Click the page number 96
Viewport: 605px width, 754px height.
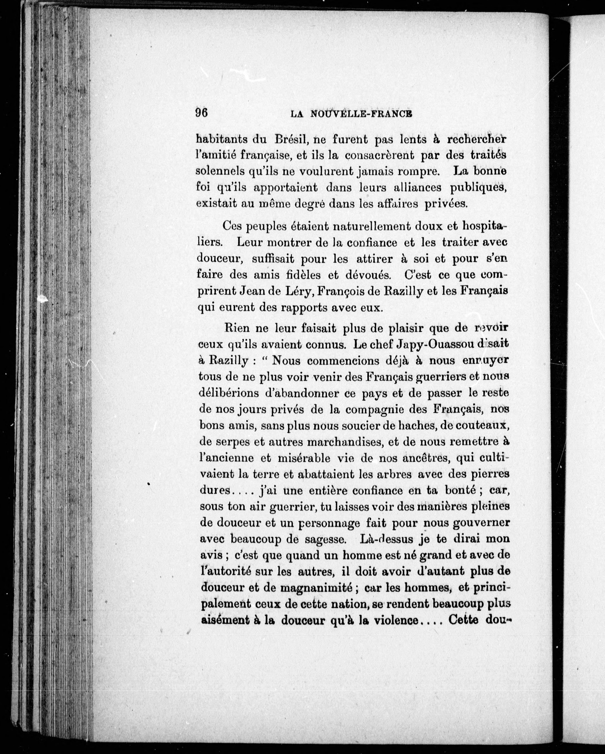[202, 113]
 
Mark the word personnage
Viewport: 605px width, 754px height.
[328, 523]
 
